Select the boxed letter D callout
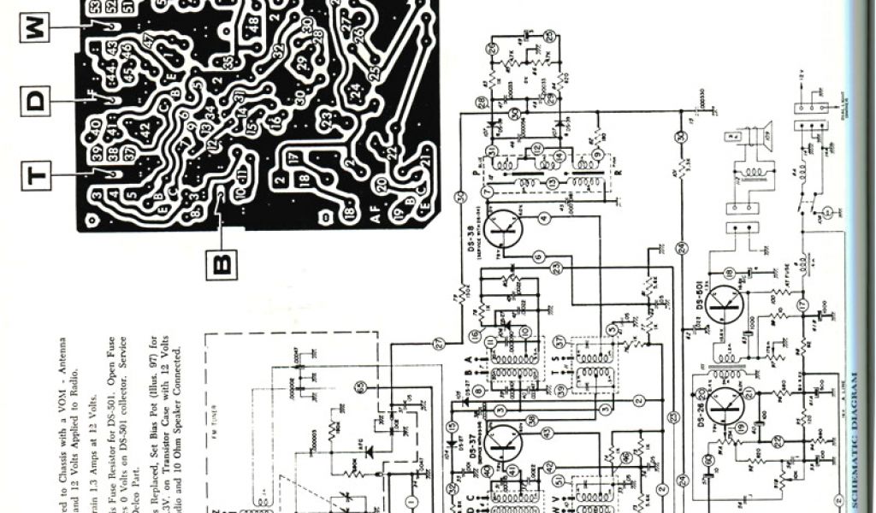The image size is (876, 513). [x=33, y=102]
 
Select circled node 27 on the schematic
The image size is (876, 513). [x=439, y=343]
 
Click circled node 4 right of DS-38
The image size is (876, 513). [x=544, y=220]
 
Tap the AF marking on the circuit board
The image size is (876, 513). [x=377, y=217]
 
